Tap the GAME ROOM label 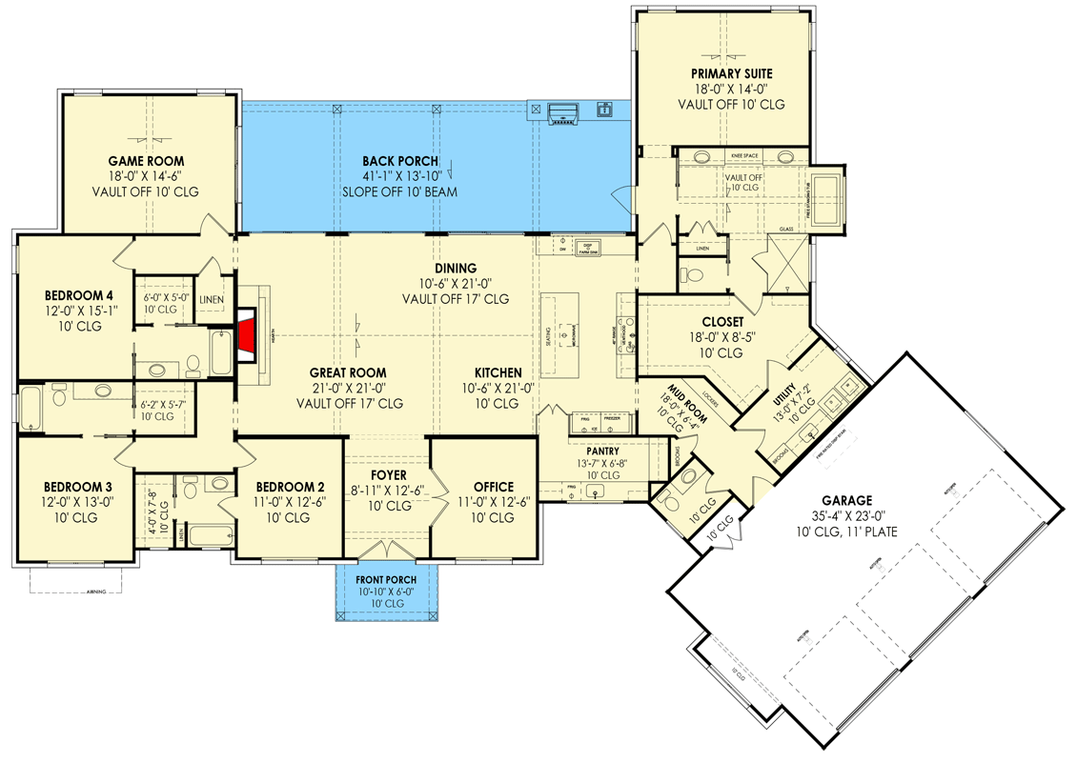tap(146, 161)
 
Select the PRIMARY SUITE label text tap(732, 73)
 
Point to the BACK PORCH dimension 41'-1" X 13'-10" tap(399, 176)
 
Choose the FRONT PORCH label tap(386, 580)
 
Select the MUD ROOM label tap(680, 397)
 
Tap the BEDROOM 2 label tap(283, 488)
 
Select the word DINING tap(455, 269)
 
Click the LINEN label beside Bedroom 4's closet tap(212, 300)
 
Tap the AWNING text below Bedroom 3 tap(95, 592)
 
